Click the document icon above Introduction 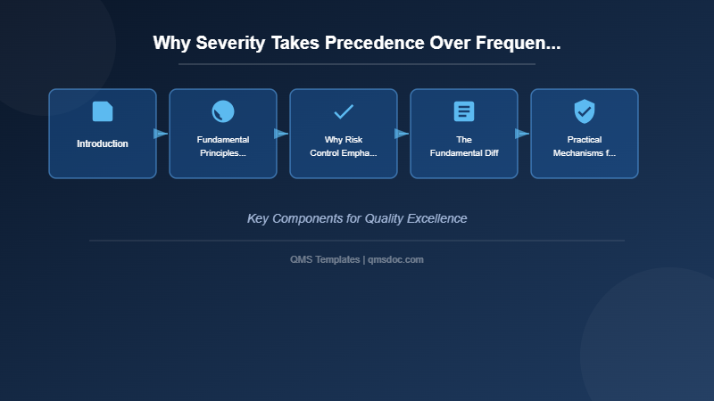(x=103, y=111)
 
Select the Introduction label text (x=103, y=143)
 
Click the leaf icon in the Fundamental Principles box (x=223, y=111)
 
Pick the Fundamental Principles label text (x=223, y=146)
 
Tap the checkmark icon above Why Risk (x=344, y=111)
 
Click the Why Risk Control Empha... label (x=344, y=146)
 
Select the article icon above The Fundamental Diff (x=464, y=111)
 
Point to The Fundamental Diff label (x=464, y=146)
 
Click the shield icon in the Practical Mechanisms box (x=585, y=111)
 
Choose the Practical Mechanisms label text (x=585, y=146)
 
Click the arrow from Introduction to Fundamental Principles (x=162, y=134)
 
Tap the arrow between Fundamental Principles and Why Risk (x=282, y=134)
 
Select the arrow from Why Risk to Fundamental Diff (x=403, y=134)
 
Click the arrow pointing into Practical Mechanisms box (x=523, y=134)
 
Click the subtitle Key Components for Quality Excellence (x=357, y=218)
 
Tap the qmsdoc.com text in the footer (x=396, y=259)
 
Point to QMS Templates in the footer (x=325, y=259)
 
